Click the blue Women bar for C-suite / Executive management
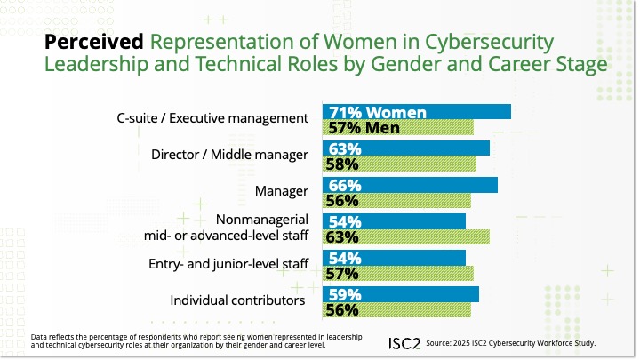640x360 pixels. pos(416,112)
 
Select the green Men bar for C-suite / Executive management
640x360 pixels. pos(398,127)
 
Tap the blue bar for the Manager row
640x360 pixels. pos(410,185)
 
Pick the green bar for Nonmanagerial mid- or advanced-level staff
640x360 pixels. pos(406,236)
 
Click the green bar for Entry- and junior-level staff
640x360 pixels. pos(398,273)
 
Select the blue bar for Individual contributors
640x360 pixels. pos(401,294)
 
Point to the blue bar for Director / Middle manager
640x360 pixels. pos(406,148)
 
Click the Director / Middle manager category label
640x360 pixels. pos(229,155)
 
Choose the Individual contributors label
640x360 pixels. pos(237,301)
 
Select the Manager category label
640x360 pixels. pos(281,191)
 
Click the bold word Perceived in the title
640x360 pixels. pos(93,42)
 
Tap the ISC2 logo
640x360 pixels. pos(404,343)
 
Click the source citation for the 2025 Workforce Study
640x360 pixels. pos(510,343)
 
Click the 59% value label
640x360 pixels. pos(342,294)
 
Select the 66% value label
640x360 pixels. pos(342,185)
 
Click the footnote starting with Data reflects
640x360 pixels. pos(178,341)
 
